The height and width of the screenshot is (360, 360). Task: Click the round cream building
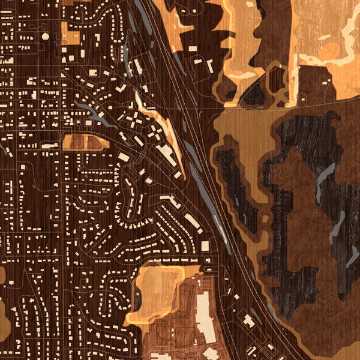tap(45, 36)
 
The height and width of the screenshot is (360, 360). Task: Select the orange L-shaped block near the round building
tap(71, 35)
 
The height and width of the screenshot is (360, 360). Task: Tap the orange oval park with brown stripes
tap(86, 142)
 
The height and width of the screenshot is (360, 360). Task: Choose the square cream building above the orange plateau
tap(205, 246)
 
